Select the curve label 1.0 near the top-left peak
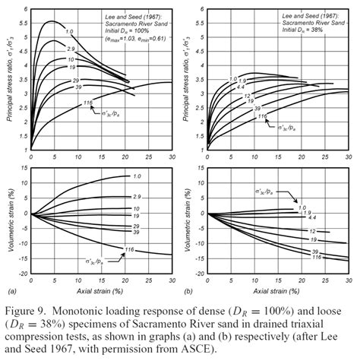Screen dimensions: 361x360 pos(69,31)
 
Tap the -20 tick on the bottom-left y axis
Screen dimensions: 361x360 pos(22,273)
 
